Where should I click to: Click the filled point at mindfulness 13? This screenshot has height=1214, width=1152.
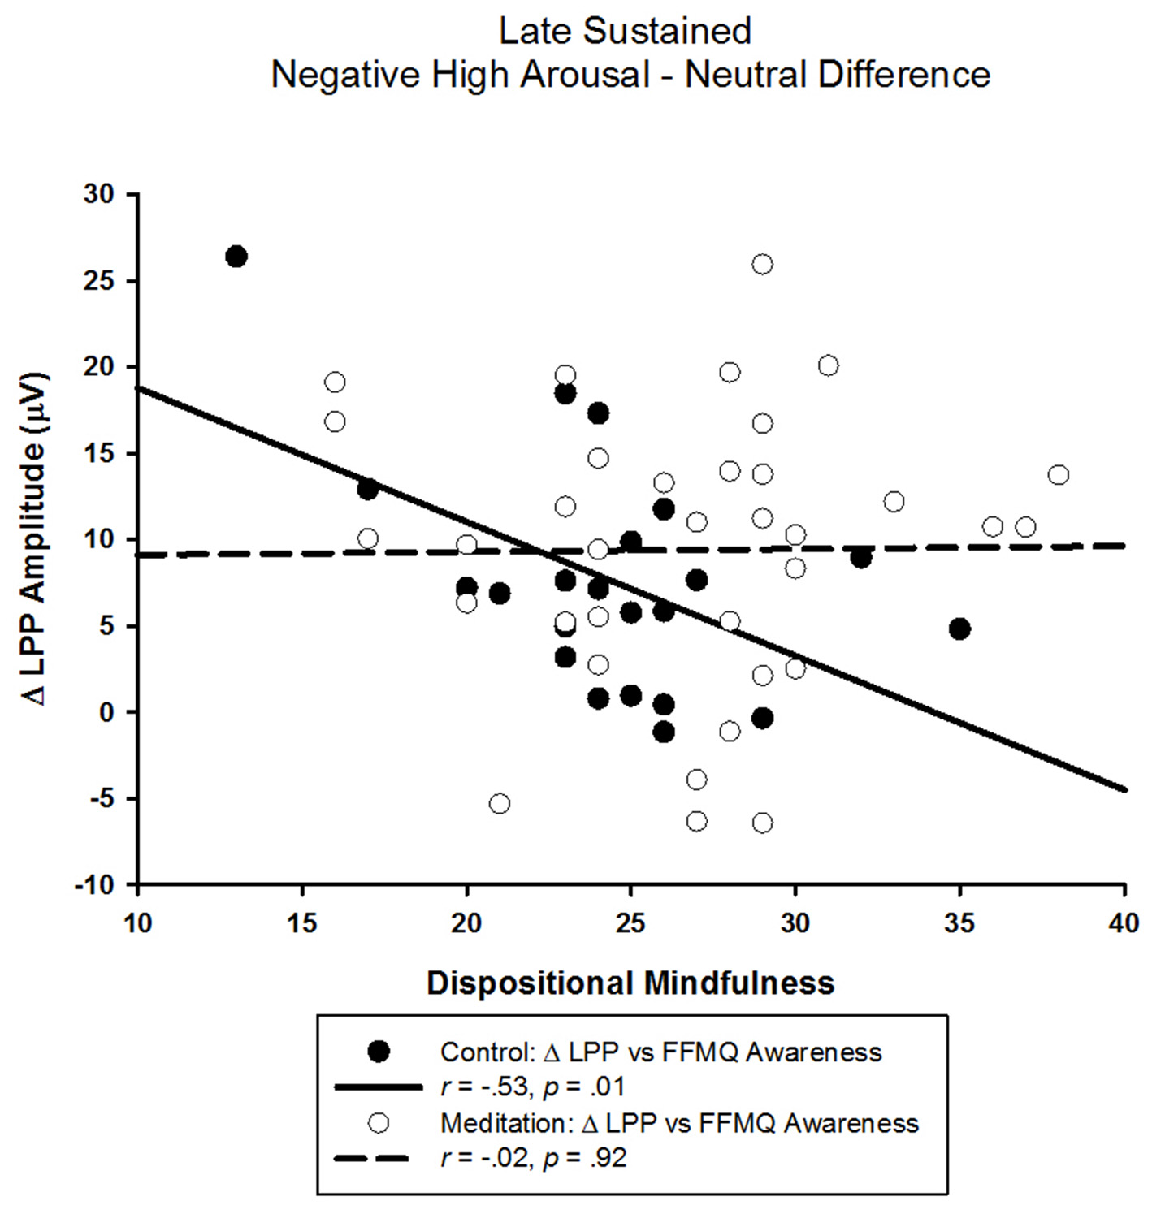(x=236, y=257)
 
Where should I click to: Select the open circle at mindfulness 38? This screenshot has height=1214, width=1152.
(x=1058, y=475)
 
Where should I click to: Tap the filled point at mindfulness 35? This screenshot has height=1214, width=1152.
(x=959, y=629)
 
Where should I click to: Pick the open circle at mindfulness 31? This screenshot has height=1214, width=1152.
(x=828, y=365)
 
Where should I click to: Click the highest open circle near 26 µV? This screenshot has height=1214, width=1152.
(x=762, y=264)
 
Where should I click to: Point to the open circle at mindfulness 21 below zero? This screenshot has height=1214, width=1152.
(x=500, y=803)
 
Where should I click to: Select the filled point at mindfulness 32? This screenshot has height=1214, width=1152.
(x=861, y=558)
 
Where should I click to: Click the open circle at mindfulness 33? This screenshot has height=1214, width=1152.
(x=894, y=502)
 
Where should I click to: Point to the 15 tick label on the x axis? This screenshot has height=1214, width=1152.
(x=302, y=923)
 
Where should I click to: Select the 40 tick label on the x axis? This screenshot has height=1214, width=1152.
(x=1124, y=923)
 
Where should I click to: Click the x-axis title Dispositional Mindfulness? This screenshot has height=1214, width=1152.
(x=630, y=983)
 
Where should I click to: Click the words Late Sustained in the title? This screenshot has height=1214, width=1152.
(x=625, y=32)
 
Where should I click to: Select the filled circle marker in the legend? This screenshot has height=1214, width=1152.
(x=379, y=1052)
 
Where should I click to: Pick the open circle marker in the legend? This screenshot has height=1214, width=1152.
(x=379, y=1123)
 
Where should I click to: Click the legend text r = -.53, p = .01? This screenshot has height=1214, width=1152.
(x=532, y=1087)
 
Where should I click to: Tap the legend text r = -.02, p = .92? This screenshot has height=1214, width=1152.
(x=534, y=1157)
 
